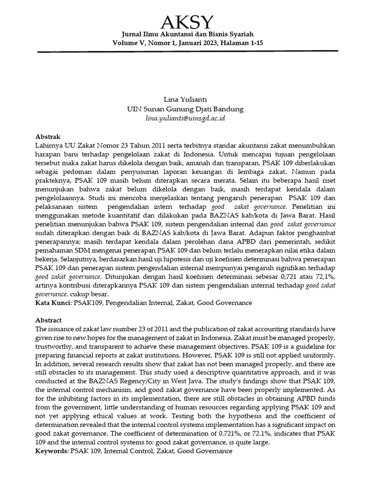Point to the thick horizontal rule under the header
point(186,51)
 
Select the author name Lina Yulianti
point(185,100)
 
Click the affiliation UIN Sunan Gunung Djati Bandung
point(185,109)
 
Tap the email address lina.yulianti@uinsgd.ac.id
point(185,118)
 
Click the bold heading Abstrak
point(48,137)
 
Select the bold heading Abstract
point(49,320)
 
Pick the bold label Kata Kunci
point(53,303)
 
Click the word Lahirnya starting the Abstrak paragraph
point(50,146)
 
